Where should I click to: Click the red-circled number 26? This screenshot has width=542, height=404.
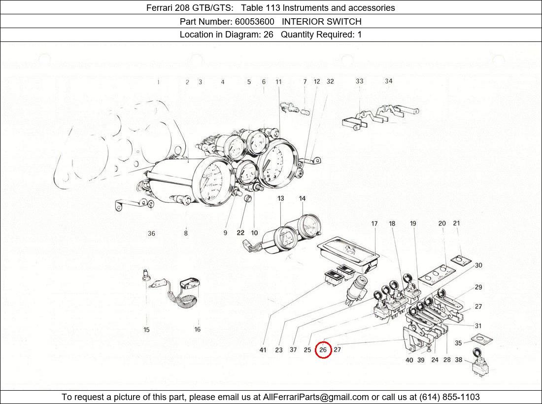click(323, 350)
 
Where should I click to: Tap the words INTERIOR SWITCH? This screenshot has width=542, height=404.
click(321, 21)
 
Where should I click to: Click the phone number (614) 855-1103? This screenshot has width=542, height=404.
click(449, 397)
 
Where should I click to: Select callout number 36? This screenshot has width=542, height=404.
click(151, 233)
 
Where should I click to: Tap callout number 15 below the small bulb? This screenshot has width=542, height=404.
click(146, 330)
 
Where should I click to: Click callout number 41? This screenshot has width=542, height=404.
click(263, 350)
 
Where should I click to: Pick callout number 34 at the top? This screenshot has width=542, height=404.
click(389, 81)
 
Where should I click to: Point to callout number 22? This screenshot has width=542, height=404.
click(240, 233)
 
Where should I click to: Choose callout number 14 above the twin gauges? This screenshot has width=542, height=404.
click(302, 198)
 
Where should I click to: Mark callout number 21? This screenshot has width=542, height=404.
click(456, 223)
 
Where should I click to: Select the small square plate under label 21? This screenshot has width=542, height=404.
click(460, 260)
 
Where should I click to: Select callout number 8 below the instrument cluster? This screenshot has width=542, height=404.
click(186, 233)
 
